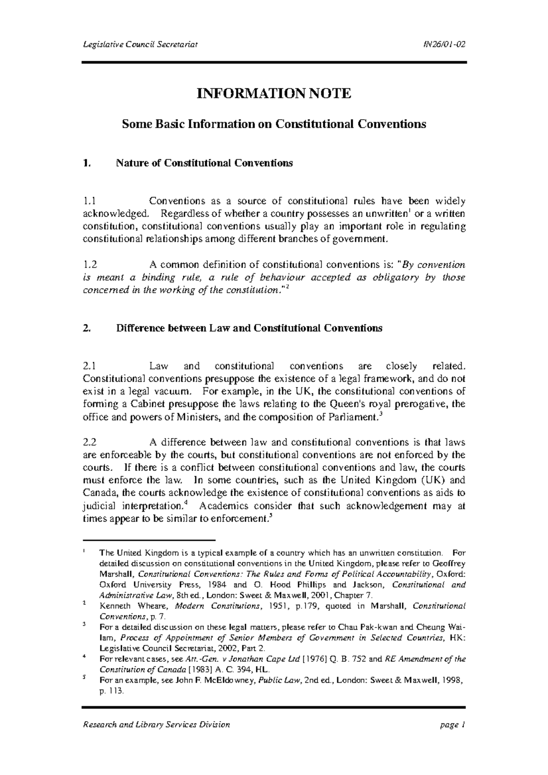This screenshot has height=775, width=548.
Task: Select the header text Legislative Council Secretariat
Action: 140,44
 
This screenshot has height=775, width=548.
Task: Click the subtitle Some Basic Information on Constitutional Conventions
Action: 274,124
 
